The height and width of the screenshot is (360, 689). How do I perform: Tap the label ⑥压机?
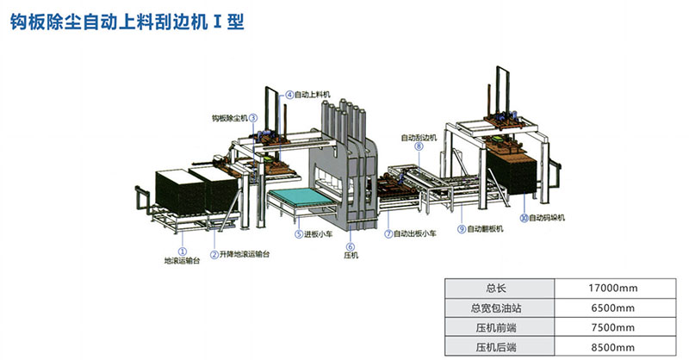click(x=351, y=251)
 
